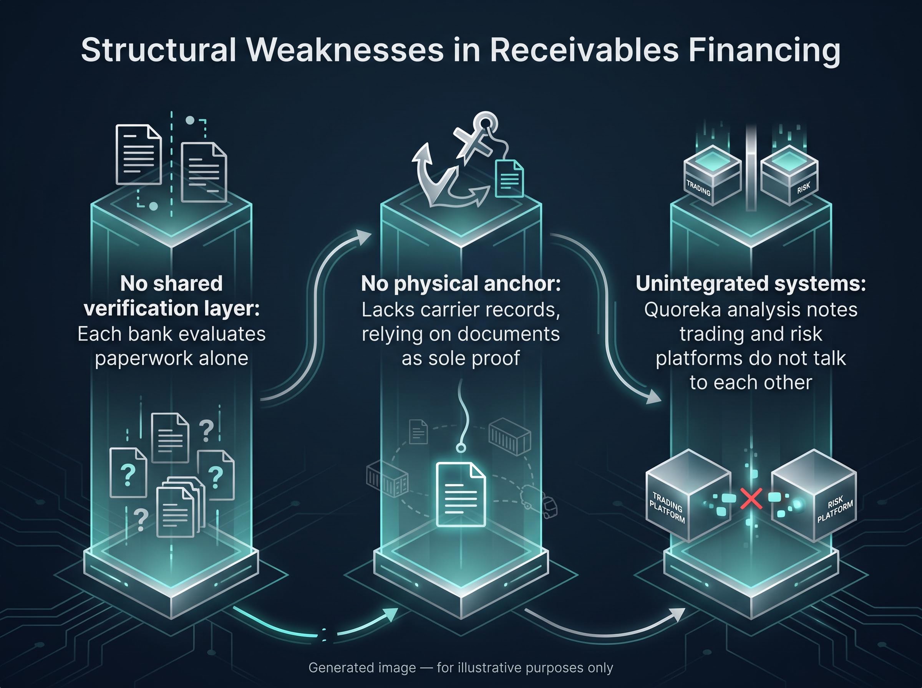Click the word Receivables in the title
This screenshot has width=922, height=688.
pos(584,51)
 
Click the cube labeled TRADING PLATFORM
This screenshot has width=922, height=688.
pos(688,496)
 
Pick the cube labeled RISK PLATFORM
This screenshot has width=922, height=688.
pos(814,496)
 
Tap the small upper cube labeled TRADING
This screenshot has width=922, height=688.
pos(712,175)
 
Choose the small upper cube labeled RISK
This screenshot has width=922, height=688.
pos(789,175)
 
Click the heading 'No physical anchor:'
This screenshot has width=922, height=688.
pos(461,284)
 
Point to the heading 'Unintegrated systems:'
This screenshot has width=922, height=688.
pos(751,284)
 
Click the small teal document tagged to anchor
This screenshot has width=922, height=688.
pos(509,179)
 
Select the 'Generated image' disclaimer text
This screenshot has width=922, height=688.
pos(461,668)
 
